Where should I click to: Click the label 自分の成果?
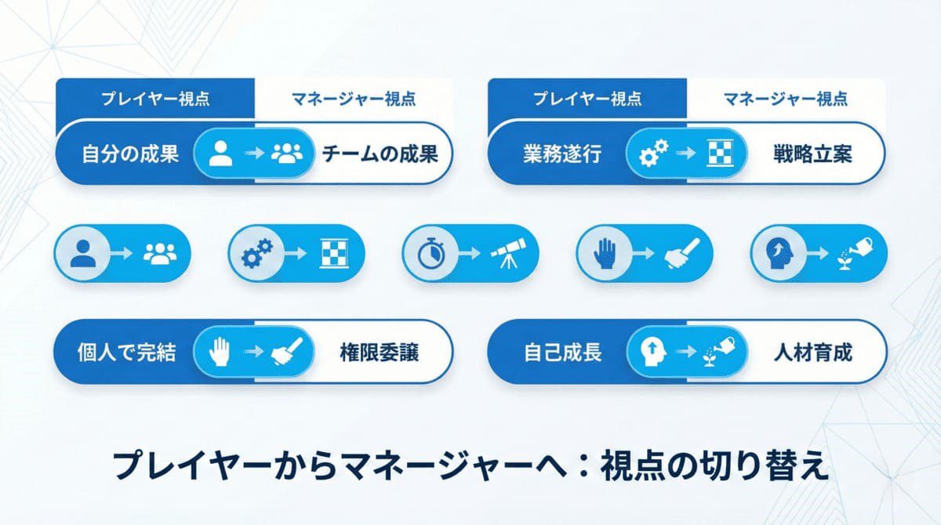(x=130, y=154)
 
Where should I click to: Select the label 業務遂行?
(x=562, y=154)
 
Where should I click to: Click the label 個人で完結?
(x=125, y=353)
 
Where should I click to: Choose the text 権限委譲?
(x=380, y=353)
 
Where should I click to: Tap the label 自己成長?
(x=562, y=353)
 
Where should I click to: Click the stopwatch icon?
(x=429, y=253)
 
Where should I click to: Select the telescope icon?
(x=509, y=253)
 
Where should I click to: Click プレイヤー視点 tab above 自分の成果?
(x=155, y=100)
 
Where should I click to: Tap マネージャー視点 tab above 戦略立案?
(x=786, y=100)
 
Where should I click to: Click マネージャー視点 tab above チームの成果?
(x=354, y=100)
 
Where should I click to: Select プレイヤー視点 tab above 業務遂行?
(x=587, y=100)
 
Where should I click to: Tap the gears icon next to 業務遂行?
(x=652, y=154)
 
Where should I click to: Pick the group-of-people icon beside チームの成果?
(x=286, y=154)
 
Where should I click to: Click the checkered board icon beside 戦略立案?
(x=718, y=154)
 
